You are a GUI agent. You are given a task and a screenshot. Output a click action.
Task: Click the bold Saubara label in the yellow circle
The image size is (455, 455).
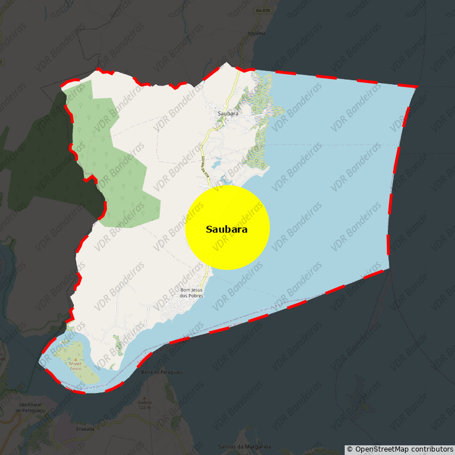coord(227,229)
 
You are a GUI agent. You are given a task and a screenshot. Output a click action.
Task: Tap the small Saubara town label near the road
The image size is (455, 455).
coord(227,114)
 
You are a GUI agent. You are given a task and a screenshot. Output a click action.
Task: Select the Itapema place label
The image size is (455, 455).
coord(257,34)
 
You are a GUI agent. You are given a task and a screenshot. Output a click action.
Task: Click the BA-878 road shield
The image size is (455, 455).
coord(263,11)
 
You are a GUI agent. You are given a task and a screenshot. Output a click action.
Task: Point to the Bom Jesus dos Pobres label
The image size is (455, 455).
coord(191,293)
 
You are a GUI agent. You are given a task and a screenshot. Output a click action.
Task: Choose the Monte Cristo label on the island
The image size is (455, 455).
coord(76,365)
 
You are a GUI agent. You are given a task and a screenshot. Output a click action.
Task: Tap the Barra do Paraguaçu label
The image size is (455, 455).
coord(162,372)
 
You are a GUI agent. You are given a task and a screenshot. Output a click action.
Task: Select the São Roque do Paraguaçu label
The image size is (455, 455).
coord(27,407)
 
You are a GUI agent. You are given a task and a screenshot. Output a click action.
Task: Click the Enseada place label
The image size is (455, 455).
coord(85,429)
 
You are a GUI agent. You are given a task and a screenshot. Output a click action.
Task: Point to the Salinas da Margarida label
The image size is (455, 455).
coord(245,446)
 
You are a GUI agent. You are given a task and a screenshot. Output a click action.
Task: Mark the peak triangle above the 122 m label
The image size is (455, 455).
coord(144,398)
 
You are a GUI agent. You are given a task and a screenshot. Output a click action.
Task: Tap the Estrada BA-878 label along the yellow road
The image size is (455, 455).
coord(205,169)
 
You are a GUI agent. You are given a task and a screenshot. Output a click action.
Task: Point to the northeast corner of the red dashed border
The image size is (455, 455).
coord(417,86)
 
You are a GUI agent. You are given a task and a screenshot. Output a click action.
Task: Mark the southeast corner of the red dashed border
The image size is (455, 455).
coord(390,268)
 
